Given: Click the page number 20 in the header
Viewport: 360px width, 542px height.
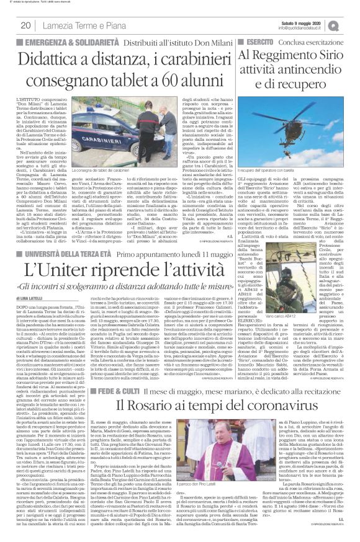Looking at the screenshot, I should click(26, 25).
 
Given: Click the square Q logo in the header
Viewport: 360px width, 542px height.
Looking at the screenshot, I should click(351, 25).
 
